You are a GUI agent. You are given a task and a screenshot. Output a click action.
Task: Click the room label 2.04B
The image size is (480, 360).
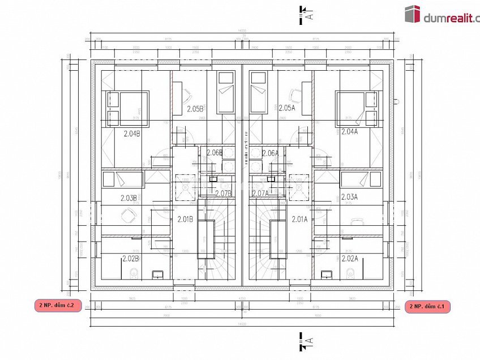pyautogui.click(x=132, y=134)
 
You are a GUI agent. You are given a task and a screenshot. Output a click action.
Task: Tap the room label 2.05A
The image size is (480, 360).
pyautogui.click(x=287, y=108)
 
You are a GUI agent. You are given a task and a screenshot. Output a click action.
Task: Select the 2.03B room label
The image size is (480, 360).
pyautogui.click(x=129, y=198)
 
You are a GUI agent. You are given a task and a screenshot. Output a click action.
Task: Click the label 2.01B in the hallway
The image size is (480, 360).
pyautogui.click(x=186, y=219)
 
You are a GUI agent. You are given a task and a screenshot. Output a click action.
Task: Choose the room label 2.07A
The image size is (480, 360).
pyautogui.click(x=260, y=193)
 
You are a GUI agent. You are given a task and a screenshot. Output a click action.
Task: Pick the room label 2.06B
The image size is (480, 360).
pyautogui.click(x=215, y=153)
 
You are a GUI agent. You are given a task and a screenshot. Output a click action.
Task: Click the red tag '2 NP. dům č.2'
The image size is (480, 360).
pyautogui.click(x=58, y=305)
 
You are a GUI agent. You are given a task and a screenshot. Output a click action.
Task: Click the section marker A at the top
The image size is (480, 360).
pyautogui.click(x=306, y=14)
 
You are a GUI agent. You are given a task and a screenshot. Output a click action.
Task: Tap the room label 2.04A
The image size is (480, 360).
pyautogui.click(x=349, y=131)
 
